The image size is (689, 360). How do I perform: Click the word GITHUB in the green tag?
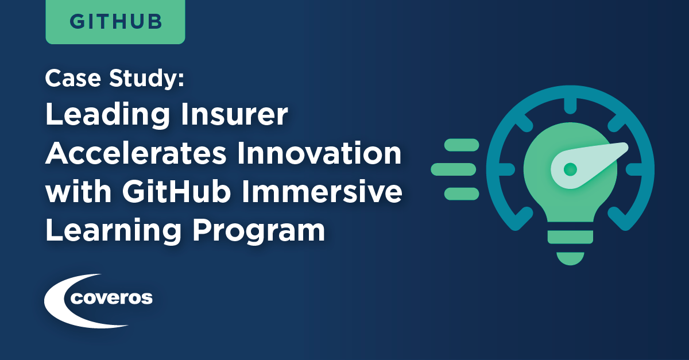pos(115,22)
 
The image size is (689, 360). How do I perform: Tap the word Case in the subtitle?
pos(73,78)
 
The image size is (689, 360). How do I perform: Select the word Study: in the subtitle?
pos(146,79)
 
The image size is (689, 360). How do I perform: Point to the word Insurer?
pos(234,114)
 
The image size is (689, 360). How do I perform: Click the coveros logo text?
pos(111,298)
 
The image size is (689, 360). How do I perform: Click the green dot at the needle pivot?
pos(570,169)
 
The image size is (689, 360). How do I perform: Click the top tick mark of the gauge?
pos(570,106)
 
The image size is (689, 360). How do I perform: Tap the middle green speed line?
pos(454,169)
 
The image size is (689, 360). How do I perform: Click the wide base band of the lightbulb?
pos(570,237)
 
